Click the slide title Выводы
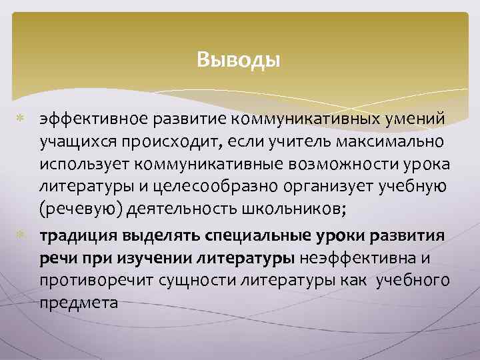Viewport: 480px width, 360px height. [x=239, y=61]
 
